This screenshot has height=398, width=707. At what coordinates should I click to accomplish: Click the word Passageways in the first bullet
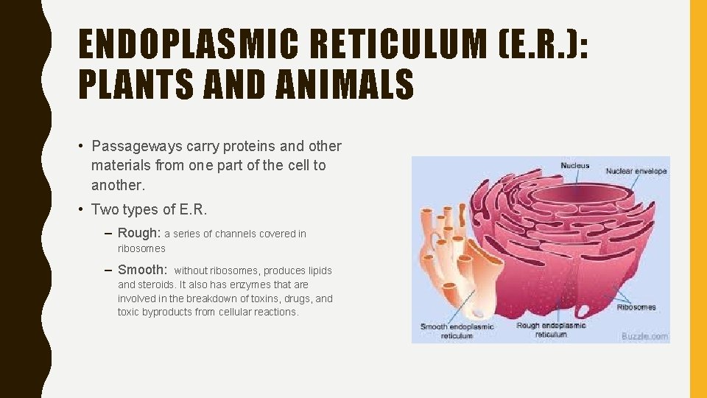[130, 146]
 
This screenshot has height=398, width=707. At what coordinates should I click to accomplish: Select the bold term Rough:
[138, 233]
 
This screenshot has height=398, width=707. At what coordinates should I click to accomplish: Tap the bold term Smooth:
[142, 270]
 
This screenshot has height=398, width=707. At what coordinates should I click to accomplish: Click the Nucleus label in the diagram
[575, 166]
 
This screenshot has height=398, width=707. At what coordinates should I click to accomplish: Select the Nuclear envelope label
[636, 171]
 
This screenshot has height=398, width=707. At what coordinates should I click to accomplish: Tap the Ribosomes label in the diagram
[637, 307]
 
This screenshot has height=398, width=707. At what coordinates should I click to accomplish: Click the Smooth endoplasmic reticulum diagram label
[457, 330]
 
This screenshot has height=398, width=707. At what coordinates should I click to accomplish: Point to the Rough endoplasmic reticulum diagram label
[551, 329]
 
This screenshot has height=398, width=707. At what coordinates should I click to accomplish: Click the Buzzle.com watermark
[644, 336]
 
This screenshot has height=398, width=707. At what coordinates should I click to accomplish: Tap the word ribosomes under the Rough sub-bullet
[141, 248]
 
